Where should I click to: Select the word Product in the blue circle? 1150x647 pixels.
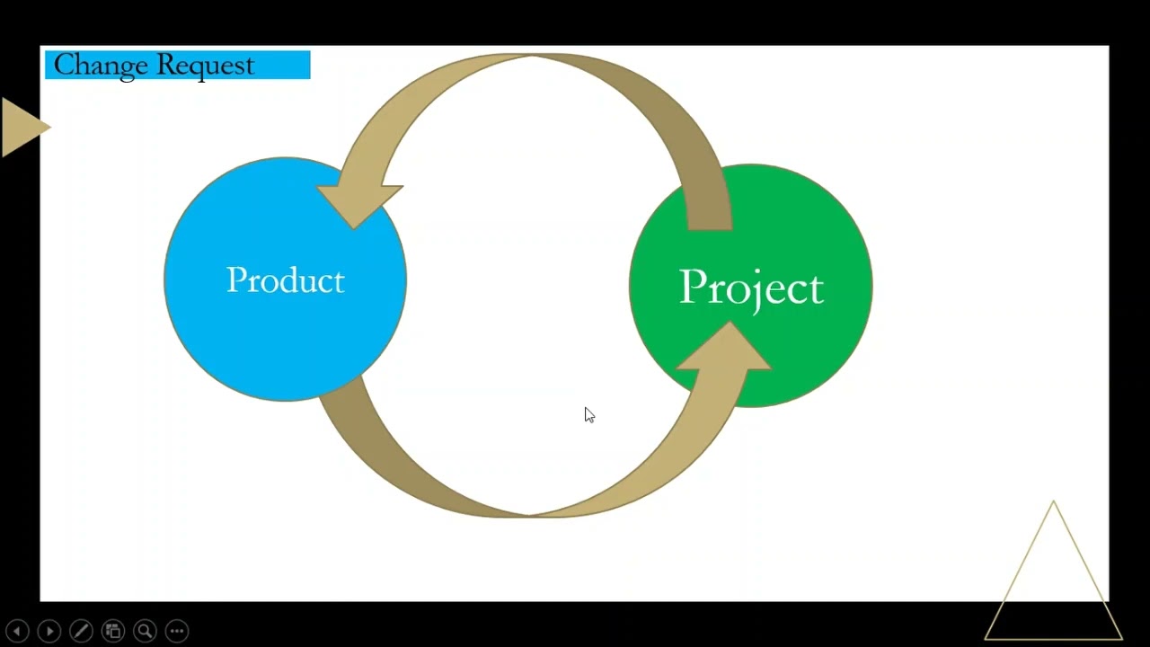point(285,280)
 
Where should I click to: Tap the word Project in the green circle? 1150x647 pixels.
point(751,288)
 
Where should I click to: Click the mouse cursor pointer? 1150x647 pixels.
point(588,414)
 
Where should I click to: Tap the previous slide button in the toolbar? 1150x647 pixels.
point(17,631)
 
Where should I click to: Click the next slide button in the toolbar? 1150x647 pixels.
point(49,631)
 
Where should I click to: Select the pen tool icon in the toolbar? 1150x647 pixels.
point(81,631)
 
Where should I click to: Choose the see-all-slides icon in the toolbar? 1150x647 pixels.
point(112,631)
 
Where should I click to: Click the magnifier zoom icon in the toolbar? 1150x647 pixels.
point(145,631)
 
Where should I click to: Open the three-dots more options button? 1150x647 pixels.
point(177,631)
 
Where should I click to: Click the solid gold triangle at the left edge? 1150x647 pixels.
point(21,127)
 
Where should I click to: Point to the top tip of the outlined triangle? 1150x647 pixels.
point(1054,503)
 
